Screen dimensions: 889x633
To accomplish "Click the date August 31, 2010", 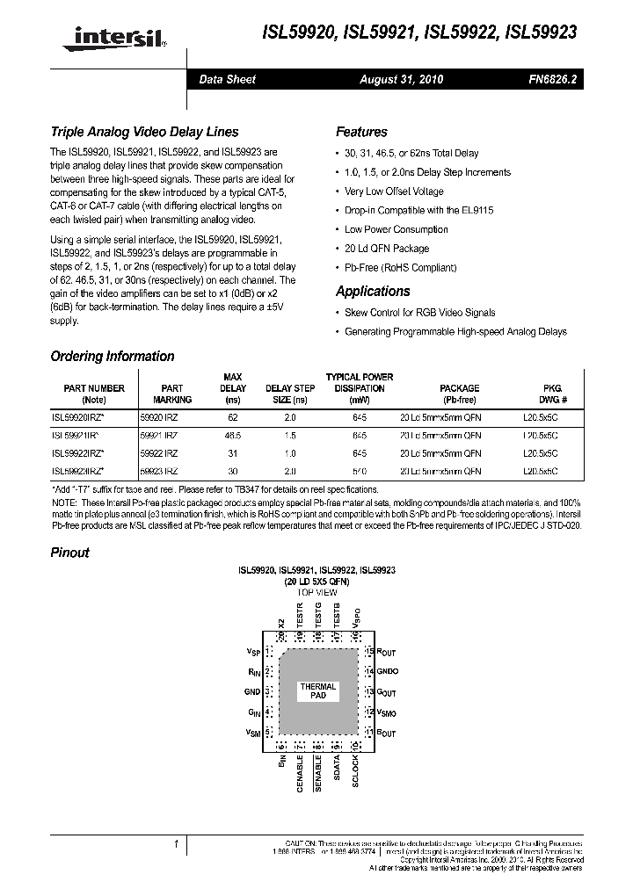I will [x=401, y=79].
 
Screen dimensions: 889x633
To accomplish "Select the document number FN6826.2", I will [x=552, y=79].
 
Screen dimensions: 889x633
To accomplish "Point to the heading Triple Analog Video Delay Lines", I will [x=144, y=132].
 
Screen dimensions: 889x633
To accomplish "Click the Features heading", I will [x=361, y=132].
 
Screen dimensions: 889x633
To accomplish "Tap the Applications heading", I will [x=373, y=292].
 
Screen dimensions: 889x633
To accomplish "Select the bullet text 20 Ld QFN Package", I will [x=387, y=249].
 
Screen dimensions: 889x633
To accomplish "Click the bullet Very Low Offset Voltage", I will [x=394, y=191].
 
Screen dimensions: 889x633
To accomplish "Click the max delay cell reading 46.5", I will [x=233, y=435].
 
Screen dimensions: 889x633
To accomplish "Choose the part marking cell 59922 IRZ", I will [x=159, y=453].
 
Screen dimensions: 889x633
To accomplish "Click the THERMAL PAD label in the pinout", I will [x=318, y=690].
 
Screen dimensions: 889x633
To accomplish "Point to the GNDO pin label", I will [x=388, y=671].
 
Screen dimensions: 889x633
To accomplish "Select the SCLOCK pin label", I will [x=355, y=770].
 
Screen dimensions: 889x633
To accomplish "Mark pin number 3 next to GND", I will [x=266, y=691].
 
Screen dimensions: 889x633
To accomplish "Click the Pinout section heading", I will [x=69, y=553].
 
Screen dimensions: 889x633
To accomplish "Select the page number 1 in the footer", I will [x=177, y=845].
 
